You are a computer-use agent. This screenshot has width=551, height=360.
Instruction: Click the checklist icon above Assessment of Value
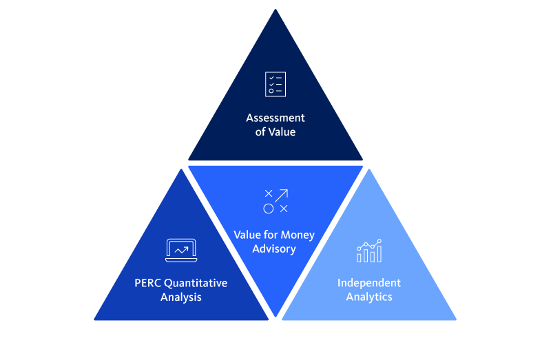[x=275, y=84]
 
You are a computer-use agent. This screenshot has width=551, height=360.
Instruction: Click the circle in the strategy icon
[x=268, y=209]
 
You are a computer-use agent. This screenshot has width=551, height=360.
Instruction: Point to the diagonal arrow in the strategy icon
[x=282, y=195]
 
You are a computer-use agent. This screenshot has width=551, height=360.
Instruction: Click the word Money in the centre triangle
[x=298, y=235]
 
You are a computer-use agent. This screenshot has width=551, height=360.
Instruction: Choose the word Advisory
[x=274, y=248]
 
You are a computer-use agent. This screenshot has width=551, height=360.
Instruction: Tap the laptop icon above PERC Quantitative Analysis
[x=181, y=250]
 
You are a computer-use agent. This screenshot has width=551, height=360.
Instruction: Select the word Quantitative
[x=195, y=283]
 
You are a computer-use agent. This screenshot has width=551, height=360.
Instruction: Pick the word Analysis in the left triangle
[x=181, y=297]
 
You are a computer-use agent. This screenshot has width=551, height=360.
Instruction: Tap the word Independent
[x=369, y=283]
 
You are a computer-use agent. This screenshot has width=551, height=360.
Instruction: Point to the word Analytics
[x=369, y=297]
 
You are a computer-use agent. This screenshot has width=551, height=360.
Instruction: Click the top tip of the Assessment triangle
[x=275, y=10]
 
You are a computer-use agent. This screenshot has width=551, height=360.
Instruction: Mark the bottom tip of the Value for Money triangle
[x=275, y=316]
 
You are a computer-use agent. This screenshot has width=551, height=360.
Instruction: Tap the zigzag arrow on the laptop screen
[x=181, y=249]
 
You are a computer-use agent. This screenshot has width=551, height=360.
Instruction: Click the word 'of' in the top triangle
[x=261, y=131]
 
